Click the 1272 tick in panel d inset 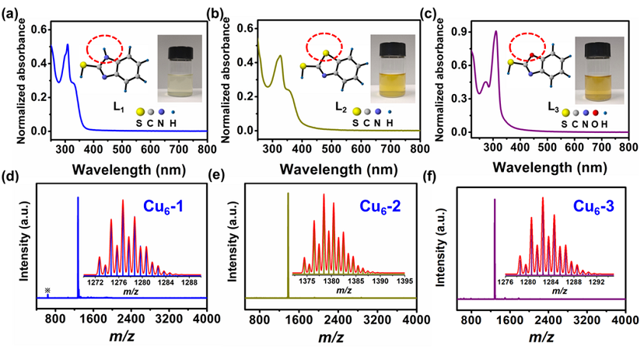coord(96,280)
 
